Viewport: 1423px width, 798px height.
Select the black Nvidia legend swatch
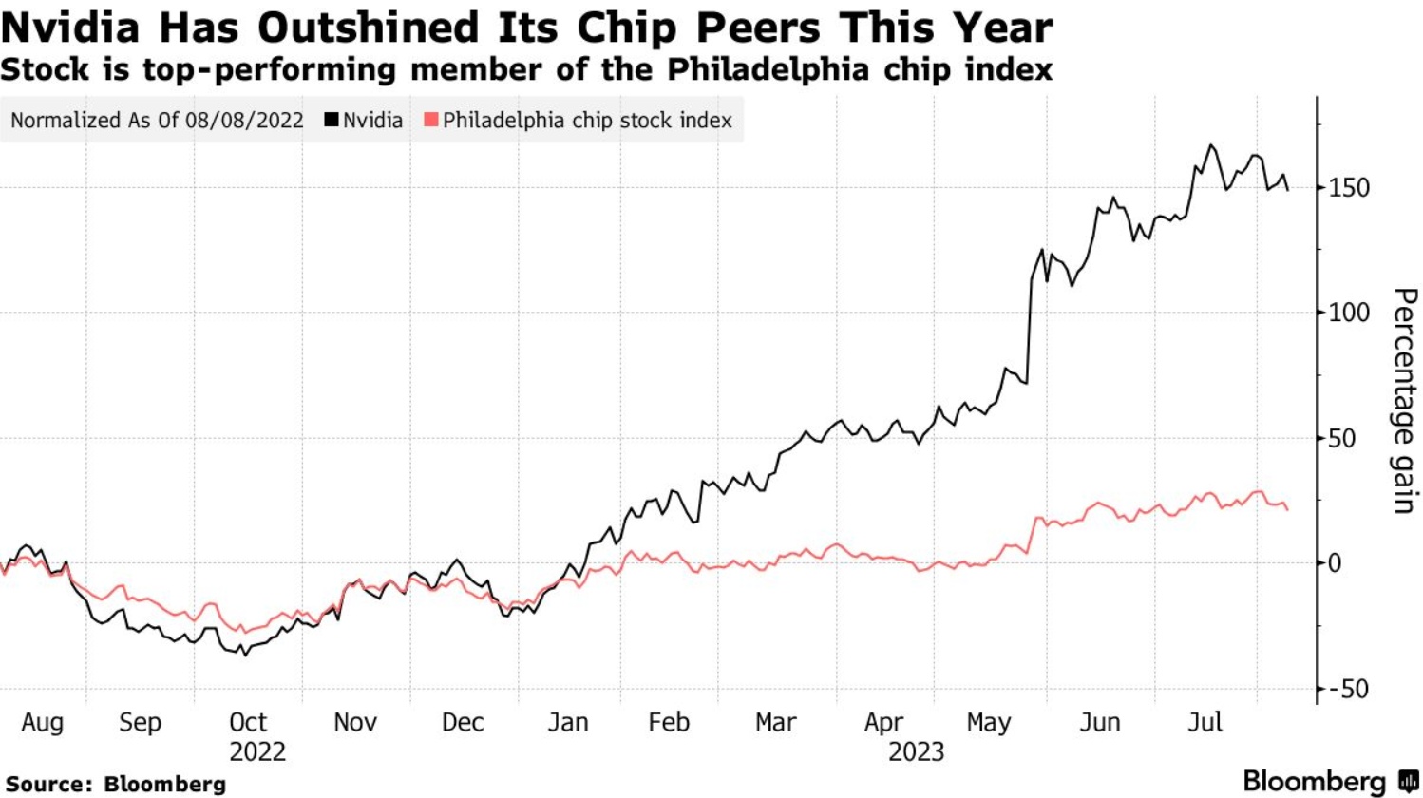332,121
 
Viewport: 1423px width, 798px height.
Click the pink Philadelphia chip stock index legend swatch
431,121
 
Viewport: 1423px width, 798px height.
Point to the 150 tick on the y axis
1349,187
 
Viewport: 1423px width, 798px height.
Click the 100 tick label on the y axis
1349,313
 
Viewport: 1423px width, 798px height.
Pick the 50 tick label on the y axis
1343,438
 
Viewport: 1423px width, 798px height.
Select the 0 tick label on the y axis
1336,563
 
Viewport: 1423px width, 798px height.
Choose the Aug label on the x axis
42,723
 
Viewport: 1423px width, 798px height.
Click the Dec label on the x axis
463,723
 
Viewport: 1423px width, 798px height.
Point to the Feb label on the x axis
669,723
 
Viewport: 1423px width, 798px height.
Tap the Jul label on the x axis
1205,723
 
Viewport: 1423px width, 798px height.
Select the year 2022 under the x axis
257,752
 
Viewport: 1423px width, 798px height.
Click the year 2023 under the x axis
916,752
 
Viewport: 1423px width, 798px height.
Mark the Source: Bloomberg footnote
116,784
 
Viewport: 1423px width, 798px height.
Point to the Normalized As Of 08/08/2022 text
157,121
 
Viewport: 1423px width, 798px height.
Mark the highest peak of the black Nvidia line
1210,145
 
